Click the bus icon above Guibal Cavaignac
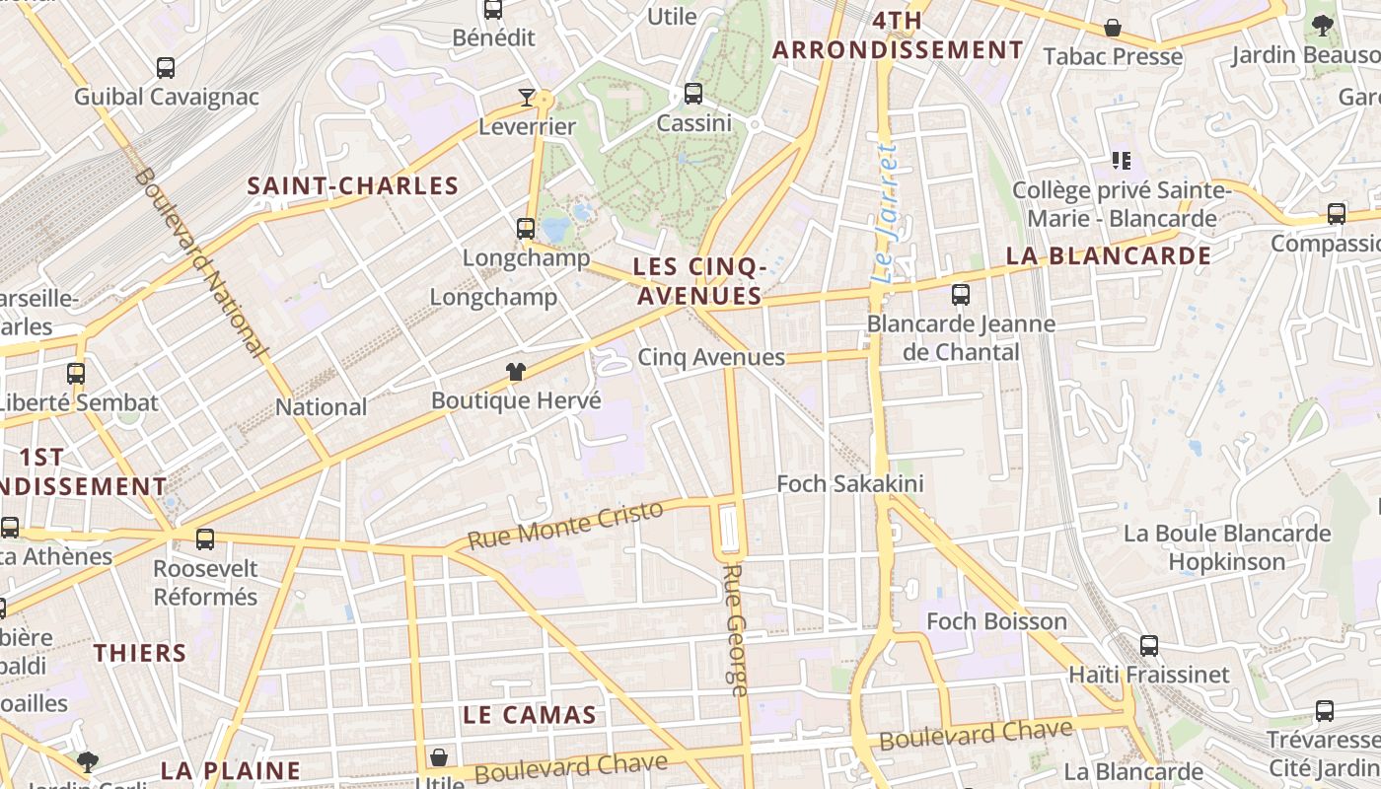pyautogui.click(x=166, y=68)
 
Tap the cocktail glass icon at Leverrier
pyautogui.click(x=527, y=97)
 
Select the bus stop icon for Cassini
pyautogui.click(x=693, y=94)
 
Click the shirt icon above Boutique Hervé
pyautogui.click(x=516, y=372)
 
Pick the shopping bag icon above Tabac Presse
pyautogui.click(x=1113, y=28)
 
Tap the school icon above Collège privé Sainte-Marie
pyautogui.click(x=1121, y=160)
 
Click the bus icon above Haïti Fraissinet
pyautogui.click(x=1149, y=646)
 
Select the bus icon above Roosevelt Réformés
pyautogui.click(x=205, y=539)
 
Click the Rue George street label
pyautogui.click(x=736, y=629)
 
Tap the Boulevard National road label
pyautogui.click(x=200, y=262)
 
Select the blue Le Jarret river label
pyautogui.click(x=886, y=214)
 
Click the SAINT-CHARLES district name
pyautogui.click(x=353, y=185)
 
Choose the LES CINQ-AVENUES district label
pyautogui.click(x=700, y=281)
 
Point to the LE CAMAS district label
pyautogui.click(x=530, y=715)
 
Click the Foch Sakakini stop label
pyautogui.click(x=850, y=483)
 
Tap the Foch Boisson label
pyautogui.click(x=996, y=621)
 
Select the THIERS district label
pyautogui.click(x=140, y=653)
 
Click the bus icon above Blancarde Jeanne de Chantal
pyautogui.click(x=961, y=294)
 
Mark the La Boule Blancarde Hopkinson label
pyautogui.click(x=1227, y=547)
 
